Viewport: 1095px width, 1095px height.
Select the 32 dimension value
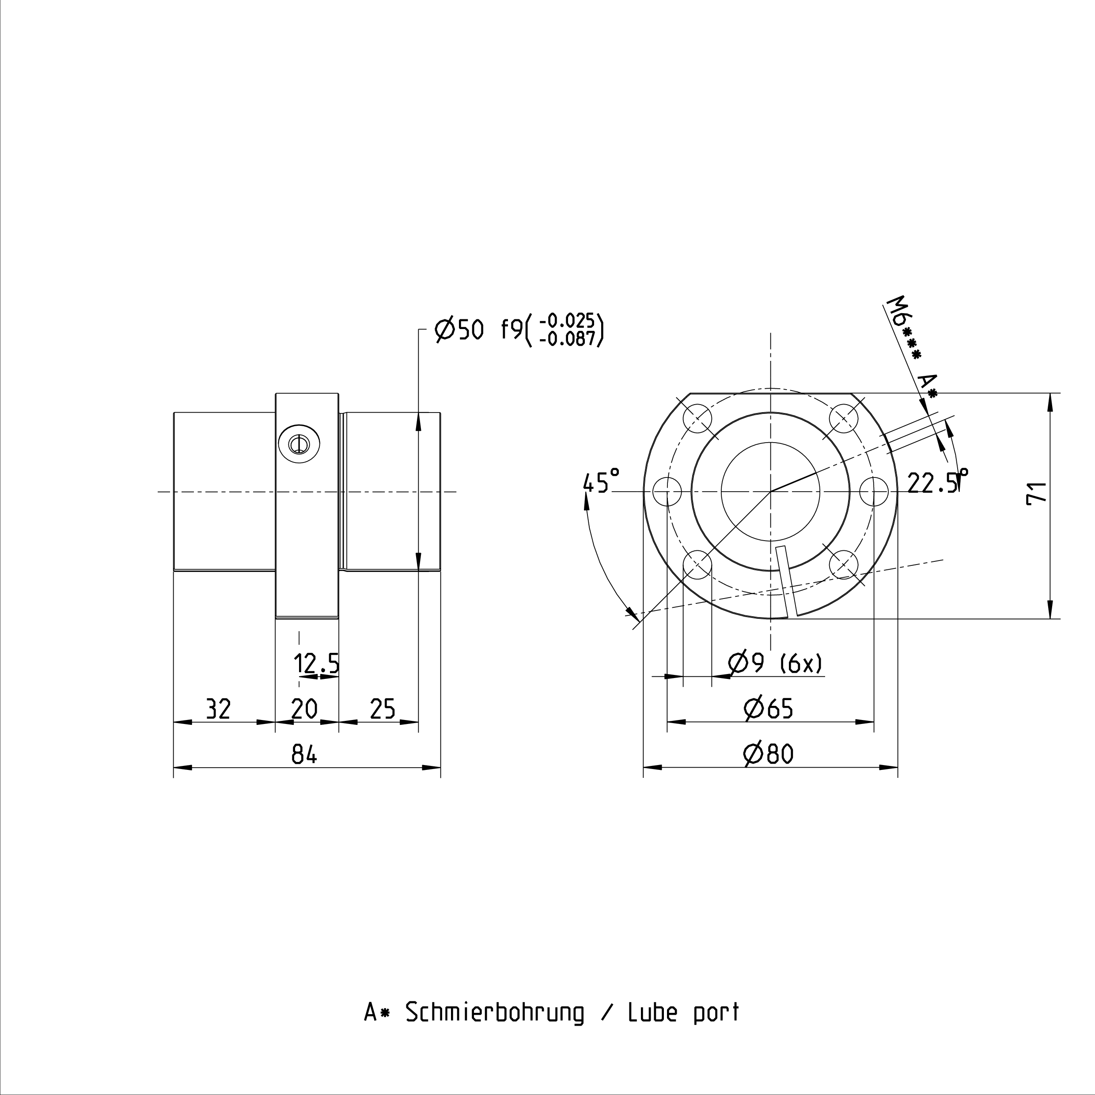click(x=218, y=709)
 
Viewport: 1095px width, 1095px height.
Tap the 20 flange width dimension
click(x=304, y=709)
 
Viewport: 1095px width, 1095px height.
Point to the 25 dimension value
click(x=383, y=709)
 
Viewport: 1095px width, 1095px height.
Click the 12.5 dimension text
click(x=317, y=663)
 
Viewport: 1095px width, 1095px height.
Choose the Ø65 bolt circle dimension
click(x=769, y=709)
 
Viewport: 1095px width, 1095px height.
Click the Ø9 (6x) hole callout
click(x=775, y=663)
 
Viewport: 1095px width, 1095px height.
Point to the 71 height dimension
click(x=1037, y=493)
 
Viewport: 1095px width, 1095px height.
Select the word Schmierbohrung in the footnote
click(x=494, y=1013)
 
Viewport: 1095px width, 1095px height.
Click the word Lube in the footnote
click(x=652, y=1013)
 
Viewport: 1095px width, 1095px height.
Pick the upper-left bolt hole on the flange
click(x=698, y=419)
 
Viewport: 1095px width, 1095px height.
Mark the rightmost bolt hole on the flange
click(x=874, y=491)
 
